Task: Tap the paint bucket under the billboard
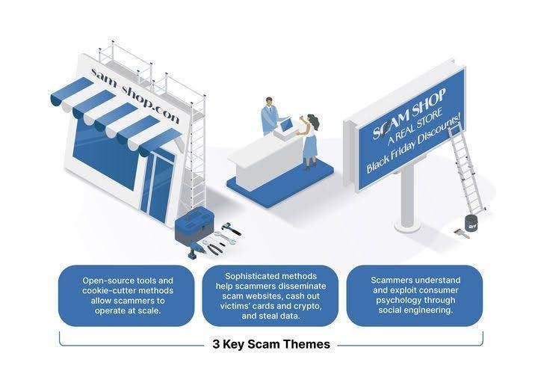pyautogui.click(x=471, y=222)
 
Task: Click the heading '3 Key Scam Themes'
pyautogui.click(x=271, y=345)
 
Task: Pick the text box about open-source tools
pyautogui.click(x=126, y=295)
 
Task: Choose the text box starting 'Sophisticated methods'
pyautogui.click(x=270, y=295)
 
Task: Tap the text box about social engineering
pyautogui.click(x=415, y=295)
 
